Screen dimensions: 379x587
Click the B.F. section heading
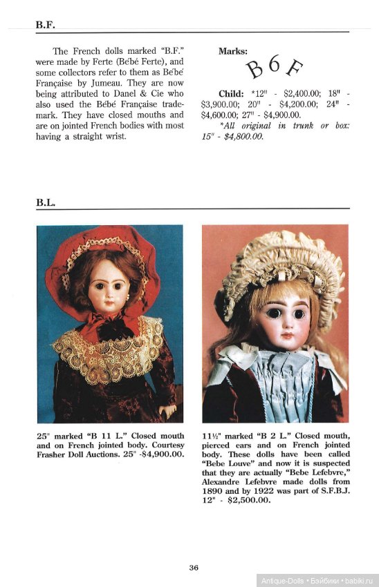[x=46, y=25]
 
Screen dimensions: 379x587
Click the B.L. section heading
[x=46, y=202]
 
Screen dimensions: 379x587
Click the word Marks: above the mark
[x=233, y=51]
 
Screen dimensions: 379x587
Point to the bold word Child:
[x=231, y=94]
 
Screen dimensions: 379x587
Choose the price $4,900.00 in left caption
[x=162, y=454]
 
